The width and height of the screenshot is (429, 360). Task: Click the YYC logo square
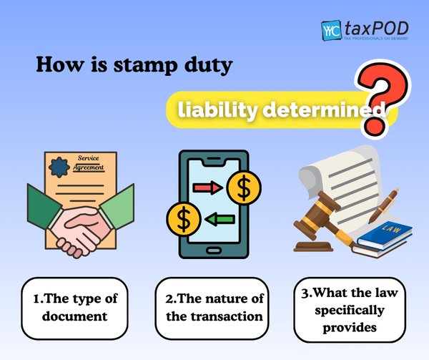(x=331, y=30)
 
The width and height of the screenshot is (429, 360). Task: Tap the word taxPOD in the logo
(x=377, y=28)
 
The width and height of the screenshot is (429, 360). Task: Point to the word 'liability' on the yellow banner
(x=217, y=110)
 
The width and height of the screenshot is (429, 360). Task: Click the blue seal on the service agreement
(x=59, y=167)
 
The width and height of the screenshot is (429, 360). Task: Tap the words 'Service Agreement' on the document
(x=89, y=162)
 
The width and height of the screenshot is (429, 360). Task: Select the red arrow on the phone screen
(x=207, y=188)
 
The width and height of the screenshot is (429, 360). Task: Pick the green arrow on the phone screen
(x=220, y=219)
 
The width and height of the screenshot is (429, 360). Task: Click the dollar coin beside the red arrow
(x=244, y=188)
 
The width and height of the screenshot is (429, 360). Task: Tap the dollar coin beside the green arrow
(x=184, y=219)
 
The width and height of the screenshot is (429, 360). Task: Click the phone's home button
(x=214, y=250)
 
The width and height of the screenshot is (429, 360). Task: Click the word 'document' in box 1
(x=74, y=316)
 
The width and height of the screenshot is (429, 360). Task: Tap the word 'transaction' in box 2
(x=227, y=317)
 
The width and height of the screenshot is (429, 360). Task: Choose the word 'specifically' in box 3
(x=350, y=311)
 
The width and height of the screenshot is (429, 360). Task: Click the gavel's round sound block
(x=313, y=246)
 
